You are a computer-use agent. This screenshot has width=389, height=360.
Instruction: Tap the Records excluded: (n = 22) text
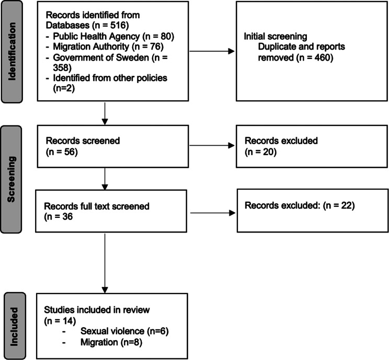(x=300, y=206)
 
